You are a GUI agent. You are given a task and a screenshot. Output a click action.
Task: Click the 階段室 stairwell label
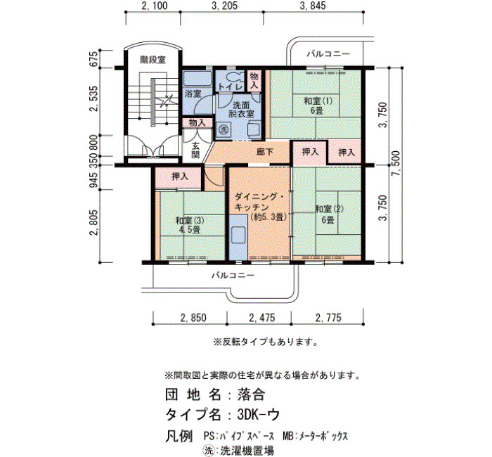pos(153,60)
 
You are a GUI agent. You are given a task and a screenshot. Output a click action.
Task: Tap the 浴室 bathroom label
pos(193,94)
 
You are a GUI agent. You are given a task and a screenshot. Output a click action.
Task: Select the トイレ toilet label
pos(230,86)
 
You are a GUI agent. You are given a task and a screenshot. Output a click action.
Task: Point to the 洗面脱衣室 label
pos(241,109)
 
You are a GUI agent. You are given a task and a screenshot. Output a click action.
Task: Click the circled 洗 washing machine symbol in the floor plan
pos(223,129)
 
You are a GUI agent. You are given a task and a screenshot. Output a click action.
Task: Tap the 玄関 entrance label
pos(195,150)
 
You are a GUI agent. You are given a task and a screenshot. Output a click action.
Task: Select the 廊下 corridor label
pos(265,153)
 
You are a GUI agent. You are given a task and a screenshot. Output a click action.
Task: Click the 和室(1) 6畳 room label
pos(317,105)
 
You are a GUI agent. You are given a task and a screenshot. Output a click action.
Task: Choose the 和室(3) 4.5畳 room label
pos(190,225)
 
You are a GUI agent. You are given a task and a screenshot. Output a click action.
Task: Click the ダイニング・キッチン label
pos(260,207)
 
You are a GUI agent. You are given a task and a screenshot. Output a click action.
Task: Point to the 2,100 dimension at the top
pos(154,6)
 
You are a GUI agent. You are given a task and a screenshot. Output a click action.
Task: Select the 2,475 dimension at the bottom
pos(261,318)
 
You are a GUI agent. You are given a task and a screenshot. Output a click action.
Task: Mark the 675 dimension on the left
pos(94,58)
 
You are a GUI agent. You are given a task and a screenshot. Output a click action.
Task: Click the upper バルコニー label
pos(328,54)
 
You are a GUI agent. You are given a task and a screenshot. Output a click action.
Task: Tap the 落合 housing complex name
pos(251,394)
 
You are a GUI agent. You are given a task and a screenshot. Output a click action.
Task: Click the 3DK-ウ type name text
pos(258,415)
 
